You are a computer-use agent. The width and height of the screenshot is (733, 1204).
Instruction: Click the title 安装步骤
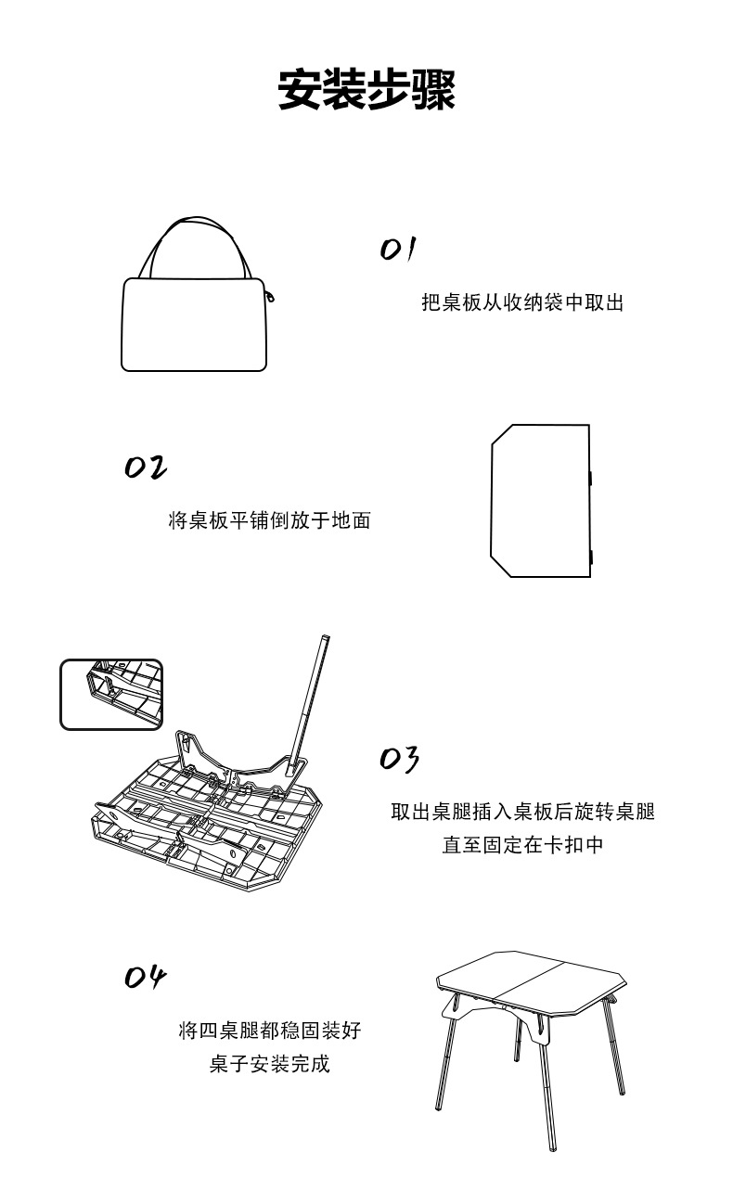pyautogui.click(x=366, y=90)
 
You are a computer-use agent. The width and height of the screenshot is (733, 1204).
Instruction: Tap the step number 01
pyautogui.click(x=398, y=249)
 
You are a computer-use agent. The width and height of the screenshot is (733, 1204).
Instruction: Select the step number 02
pyautogui.click(x=146, y=467)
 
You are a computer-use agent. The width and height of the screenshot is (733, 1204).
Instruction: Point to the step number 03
pyautogui.click(x=400, y=758)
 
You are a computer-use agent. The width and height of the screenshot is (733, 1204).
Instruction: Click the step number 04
pyautogui.click(x=146, y=977)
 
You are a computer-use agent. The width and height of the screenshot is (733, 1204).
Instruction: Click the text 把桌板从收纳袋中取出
pyautogui.click(x=522, y=302)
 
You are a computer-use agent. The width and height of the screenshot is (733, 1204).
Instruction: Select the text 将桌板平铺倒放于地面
pyautogui.click(x=269, y=520)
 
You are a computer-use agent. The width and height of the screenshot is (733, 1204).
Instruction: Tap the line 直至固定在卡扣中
pyautogui.click(x=522, y=845)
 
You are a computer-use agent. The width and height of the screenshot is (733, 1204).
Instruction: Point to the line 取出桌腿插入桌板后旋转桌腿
pyautogui.click(x=522, y=812)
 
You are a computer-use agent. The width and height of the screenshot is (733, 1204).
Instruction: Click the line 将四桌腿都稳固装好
pyautogui.click(x=269, y=1030)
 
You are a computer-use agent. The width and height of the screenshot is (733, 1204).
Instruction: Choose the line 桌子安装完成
pyautogui.click(x=269, y=1063)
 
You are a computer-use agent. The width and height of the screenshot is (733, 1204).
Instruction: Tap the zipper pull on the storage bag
pyautogui.click(x=270, y=297)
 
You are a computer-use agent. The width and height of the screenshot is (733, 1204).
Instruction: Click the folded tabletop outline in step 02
pyautogui.click(x=540, y=501)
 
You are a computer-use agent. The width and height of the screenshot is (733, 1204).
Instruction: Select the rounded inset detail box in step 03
pyautogui.click(x=111, y=694)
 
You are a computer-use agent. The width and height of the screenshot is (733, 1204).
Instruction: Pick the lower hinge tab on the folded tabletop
pyautogui.click(x=591, y=557)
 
